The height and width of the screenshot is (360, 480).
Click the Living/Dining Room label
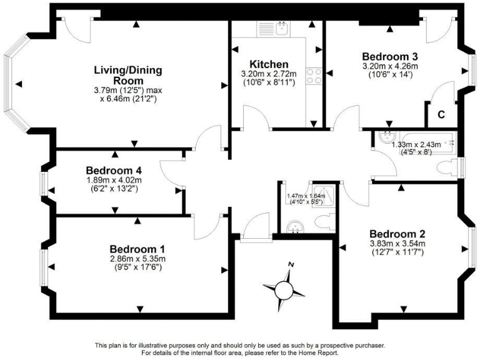(x=119, y=74)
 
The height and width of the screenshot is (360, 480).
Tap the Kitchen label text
(x=269, y=64)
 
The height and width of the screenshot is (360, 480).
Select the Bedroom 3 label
(x=389, y=55)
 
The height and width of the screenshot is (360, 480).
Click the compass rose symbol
(x=284, y=288)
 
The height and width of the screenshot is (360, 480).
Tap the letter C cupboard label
(x=440, y=115)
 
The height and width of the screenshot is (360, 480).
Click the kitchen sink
(x=282, y=28)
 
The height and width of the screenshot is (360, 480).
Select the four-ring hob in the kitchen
(x=314, y=76)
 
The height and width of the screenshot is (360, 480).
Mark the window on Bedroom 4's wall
(x=44, y=183)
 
